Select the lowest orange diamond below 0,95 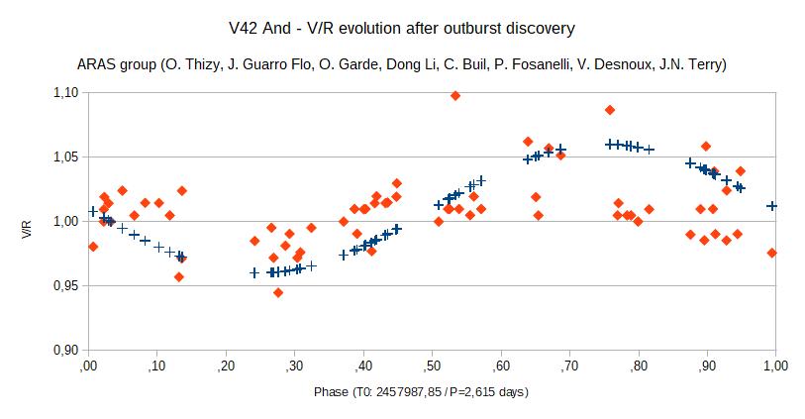(278, 292)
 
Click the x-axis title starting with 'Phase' (421, 392)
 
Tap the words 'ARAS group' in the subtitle (115, 64)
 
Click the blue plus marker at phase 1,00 (772, 206)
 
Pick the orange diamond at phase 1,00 (772, 253)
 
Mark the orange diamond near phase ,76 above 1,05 (610, 109)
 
